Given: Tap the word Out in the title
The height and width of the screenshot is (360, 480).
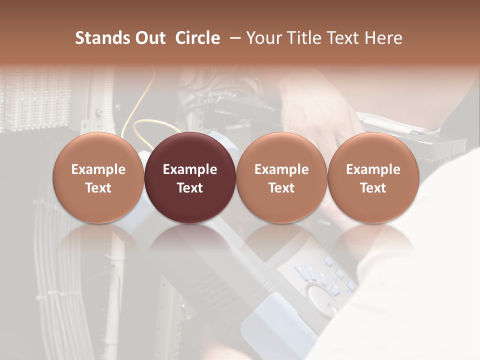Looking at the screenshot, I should click(149, 38).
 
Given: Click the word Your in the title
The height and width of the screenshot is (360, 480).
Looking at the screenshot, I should click(264, 38).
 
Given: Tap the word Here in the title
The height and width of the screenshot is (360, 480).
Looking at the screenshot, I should click(385, 38).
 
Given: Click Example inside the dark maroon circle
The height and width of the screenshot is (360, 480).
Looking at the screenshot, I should click(190, 169).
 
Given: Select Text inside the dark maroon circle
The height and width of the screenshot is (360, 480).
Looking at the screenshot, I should click(190, 188).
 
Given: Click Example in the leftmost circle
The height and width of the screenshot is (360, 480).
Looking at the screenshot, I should click(98, 169).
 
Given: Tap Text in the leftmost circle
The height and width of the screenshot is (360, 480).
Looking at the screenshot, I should click(98, 188).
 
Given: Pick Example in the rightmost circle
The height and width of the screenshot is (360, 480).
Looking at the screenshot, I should click(373, 169).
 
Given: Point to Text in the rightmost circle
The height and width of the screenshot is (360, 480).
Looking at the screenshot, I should click(373, 188).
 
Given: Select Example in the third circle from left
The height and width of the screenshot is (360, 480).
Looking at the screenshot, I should click(281, 169).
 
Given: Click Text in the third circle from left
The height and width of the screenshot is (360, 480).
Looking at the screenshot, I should click(281, 188).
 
